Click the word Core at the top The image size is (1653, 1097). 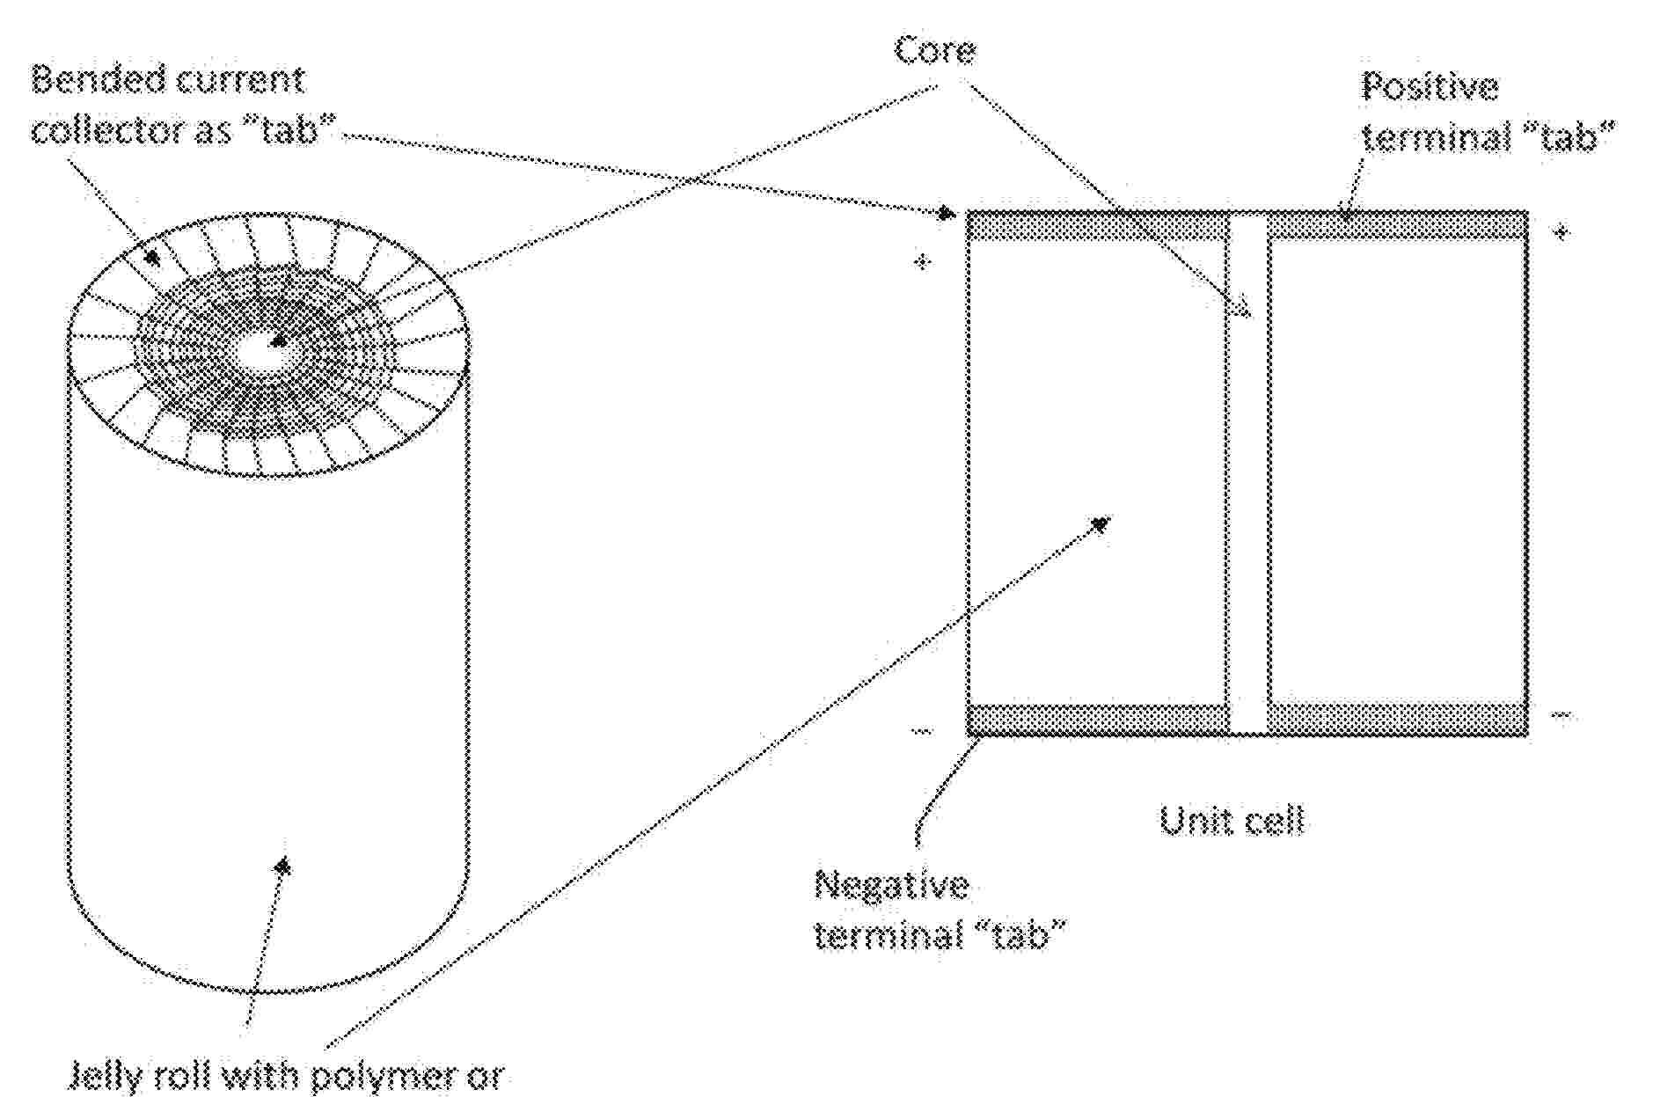pos(934,50)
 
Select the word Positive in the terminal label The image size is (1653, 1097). pos(1430,87)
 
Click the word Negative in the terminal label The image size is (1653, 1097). pos(891,884)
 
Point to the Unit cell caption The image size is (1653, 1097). pos(1231,820)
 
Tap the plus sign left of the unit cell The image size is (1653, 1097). pos(921,261)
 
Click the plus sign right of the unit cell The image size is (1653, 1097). pos(1562,232)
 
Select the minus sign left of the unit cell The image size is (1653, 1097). pos(920,730)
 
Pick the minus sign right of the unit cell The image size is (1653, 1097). pos(1561,715)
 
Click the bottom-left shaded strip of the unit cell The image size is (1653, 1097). pos(1098,719)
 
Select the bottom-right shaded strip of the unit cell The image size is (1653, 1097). pos(1397,719)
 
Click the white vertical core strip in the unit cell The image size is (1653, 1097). pos(1248,473)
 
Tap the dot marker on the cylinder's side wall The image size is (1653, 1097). pos(282,867)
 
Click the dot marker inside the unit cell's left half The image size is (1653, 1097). pos(1099,524)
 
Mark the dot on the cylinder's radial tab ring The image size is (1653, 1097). pos(152,258)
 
